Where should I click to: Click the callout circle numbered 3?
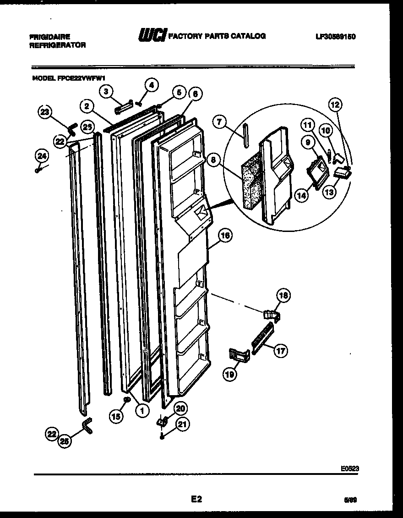point(106,91)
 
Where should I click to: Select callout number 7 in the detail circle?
point(219,122)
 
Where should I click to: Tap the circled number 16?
point(224,236)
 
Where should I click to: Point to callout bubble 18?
point(283,296)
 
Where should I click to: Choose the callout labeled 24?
point(41,156)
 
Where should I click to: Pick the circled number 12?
point(335,105)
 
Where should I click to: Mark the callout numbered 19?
point(229,375)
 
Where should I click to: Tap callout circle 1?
point(142,410)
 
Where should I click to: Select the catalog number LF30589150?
point(336,36)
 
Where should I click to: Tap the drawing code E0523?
point(349,468)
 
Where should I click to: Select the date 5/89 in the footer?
point(349,501)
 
